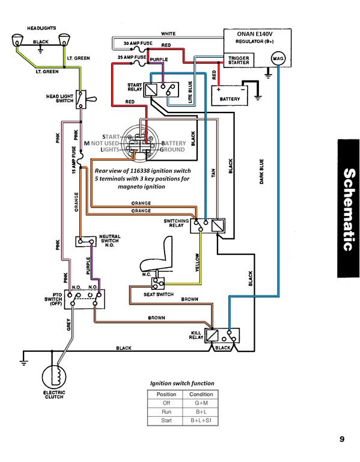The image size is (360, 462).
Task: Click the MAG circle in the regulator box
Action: [x=278, y=58]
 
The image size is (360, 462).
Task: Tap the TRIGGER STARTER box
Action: [x=239, y=60]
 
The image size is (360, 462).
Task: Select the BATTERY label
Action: [x=230, y=99]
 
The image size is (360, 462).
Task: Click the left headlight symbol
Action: [x=17, y=40]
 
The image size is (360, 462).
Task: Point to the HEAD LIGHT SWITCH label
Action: [x=59, y=99]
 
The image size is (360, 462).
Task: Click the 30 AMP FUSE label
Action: [x=138, y=43]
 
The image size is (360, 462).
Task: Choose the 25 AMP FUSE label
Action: [x=132, y=57]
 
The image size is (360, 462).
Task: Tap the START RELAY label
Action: [x=135, y=87]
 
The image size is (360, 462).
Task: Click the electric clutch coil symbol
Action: [x=54, y=377]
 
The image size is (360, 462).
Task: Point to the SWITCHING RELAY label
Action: [x=176, y=223]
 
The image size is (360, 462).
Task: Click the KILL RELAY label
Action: [x=196, y=335]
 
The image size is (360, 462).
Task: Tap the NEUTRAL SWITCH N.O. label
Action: [x=109, y=241]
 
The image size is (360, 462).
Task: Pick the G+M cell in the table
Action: [x=201, y=403]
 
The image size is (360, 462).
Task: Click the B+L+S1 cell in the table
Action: [x=201, y=420]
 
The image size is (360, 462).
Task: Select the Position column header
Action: [x=166, y=394]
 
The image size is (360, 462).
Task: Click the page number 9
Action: [x=342, y=439]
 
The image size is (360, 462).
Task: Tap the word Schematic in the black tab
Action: [x=349, y=209]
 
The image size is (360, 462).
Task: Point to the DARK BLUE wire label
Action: [x=261, y=172]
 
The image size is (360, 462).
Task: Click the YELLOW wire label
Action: [x=197, y=262]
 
